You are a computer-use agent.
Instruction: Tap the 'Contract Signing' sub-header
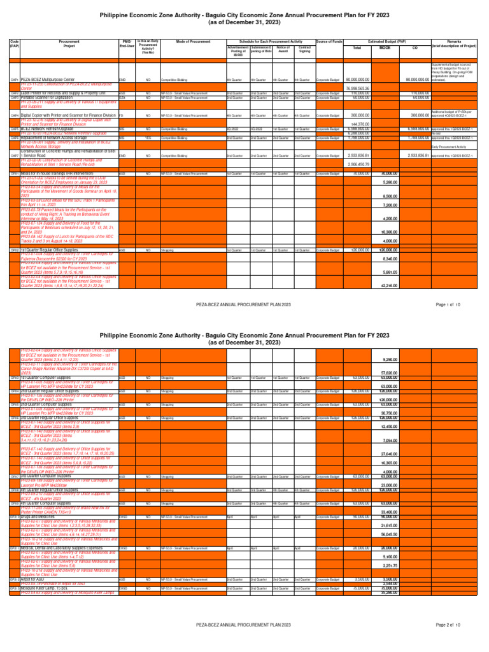304,49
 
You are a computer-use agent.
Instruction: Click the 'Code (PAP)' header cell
14,45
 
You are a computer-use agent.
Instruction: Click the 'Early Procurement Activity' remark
450,146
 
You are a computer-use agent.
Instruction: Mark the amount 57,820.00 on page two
389,372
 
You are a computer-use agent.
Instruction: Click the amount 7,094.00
389,439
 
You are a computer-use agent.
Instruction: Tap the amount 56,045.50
389,535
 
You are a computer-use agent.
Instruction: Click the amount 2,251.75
389,565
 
